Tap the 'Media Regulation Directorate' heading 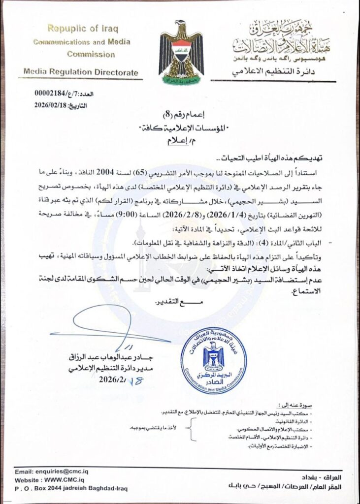tap(81, 72)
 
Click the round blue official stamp tap(213, 361)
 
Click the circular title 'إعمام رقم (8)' tap(179, 115)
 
